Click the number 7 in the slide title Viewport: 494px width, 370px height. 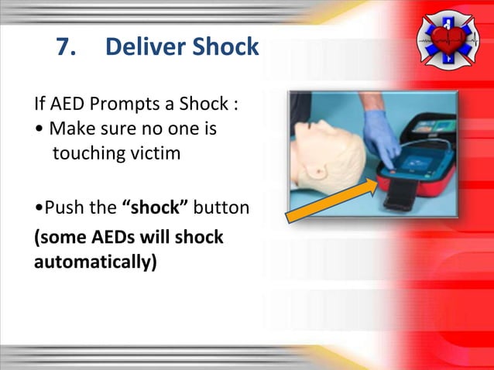coord(65,48)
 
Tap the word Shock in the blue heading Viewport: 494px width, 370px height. coord(225,48)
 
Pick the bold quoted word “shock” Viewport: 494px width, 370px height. coord(155,207)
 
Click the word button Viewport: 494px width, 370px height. coord(221,207)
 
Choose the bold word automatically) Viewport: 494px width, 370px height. coord(94,262)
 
